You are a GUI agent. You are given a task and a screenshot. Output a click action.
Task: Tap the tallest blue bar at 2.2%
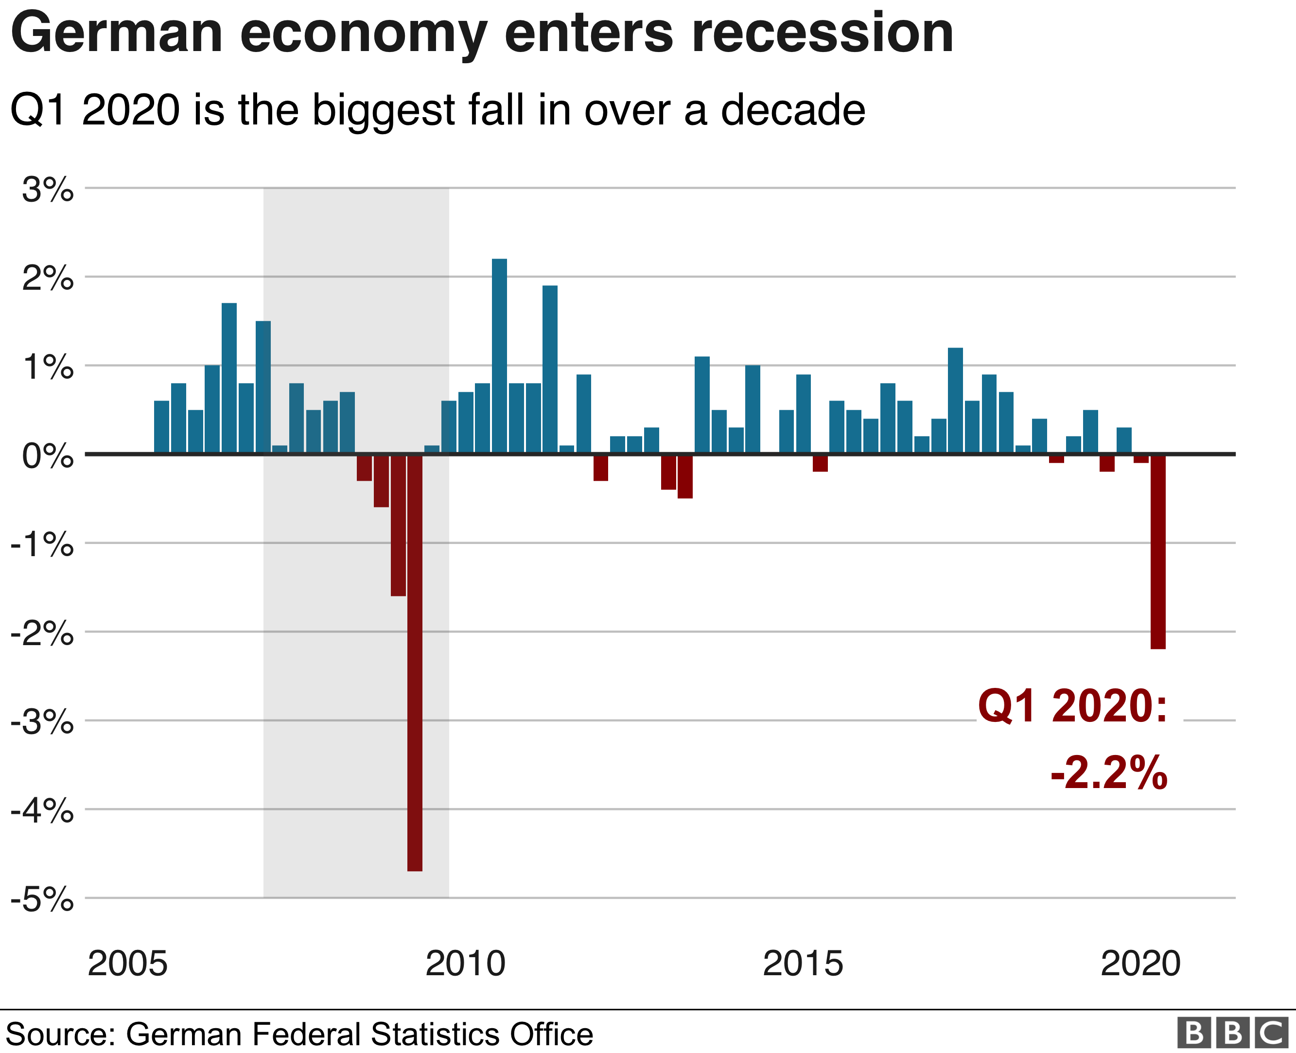coord(499,356)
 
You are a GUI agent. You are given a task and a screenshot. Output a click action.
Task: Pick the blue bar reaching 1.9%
coord(549,369)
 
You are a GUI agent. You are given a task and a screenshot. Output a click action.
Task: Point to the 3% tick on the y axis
coord(47,190)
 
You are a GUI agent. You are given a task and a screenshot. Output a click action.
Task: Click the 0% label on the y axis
coord(47,456)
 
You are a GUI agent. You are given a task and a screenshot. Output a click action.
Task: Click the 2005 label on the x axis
coord(127,963)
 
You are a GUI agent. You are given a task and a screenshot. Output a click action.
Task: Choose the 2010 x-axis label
coord(465,963)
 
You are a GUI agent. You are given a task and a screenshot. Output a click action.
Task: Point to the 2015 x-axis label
coord(802,963)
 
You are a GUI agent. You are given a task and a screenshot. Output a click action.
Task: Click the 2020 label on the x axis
coord(1140,963)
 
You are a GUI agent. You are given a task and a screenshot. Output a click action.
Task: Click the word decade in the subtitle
coord(793,110)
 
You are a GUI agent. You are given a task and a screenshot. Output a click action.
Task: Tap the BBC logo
coord(1232,1033)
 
